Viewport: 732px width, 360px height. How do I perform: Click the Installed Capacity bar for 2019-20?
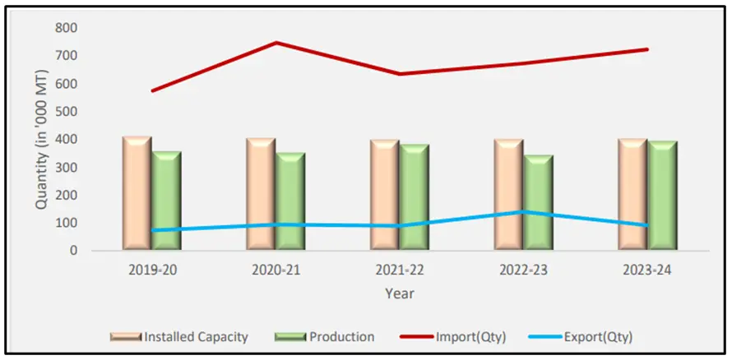[x=137, y=193]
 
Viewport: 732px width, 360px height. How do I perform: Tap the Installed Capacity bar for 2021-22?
[x=385, y=194]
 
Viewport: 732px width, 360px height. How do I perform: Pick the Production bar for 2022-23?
[x=538, y=201]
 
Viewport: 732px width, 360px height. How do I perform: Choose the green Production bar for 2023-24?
[x=662, y=195]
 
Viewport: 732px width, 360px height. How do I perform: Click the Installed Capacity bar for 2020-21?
[x=262, y=194]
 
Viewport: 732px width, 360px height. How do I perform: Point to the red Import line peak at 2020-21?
[x=276, y=43]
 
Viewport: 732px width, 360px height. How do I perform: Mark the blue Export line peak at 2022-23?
[x=524, y=211]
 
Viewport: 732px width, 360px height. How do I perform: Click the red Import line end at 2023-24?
[x=647, y=49]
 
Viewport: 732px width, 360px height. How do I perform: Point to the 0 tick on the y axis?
[x=73, y=251]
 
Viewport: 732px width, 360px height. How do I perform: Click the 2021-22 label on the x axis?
[x=399, y=270]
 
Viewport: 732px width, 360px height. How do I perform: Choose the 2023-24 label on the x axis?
[x=647, y=270]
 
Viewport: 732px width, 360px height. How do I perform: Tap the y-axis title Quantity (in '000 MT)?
[x=41, y=140]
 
